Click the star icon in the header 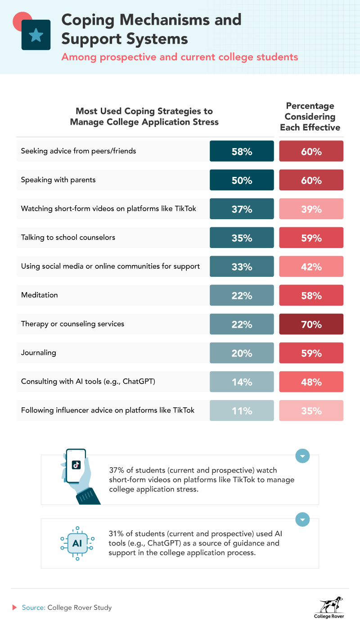(x=36, y=35)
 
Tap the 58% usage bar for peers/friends (x=242, y=151)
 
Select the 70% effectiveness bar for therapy (x=311, y=324)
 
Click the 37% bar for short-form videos (x=242, y=209)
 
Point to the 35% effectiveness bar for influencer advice (x=311, y=410)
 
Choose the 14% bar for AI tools (x=242, y=382)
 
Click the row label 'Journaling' (x=39, y=352)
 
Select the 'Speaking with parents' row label (x=58, y=180)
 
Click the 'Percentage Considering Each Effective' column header (x=310, y=117)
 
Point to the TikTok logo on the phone (x=76, y=465)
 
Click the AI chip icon (x=77, y=543)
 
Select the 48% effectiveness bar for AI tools (x=311, y=382)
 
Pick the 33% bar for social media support (x=242, y=266)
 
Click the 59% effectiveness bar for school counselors (x=311, y=238)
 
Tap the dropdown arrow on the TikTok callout (x=302, y=456)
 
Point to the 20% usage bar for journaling (x=242, y=353)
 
